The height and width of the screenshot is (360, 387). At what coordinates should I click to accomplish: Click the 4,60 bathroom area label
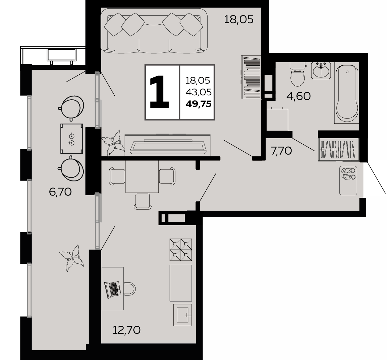click(298, 96)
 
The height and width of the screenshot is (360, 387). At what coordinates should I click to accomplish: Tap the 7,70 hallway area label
click(281, 151)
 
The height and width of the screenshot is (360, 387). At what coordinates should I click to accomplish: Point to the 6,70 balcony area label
click(61, 192)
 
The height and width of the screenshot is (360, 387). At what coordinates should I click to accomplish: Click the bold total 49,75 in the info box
click(199, 104)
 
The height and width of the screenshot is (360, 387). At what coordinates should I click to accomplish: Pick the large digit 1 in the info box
click(159, 92)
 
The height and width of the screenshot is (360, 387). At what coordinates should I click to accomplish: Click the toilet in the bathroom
click(297, 74)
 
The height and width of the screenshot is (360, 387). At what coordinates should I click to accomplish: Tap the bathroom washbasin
click(321, 70)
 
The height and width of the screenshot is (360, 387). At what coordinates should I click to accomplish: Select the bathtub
click(347, 93)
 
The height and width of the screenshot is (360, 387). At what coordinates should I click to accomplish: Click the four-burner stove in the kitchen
click(181, 250)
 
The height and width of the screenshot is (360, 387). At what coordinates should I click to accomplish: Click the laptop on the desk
click(112, 290)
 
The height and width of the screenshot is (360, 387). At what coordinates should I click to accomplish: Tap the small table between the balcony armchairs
click(72, 139)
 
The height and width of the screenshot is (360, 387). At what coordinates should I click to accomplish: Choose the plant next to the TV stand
click(113, 143)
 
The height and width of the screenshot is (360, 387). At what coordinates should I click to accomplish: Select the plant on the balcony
click(72, 258)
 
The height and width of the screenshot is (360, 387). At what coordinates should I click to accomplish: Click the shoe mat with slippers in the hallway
click(348, 180)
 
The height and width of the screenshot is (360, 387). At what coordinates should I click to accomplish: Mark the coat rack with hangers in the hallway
click(339, 150)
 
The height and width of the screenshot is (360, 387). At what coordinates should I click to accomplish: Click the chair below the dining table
click(143, 201)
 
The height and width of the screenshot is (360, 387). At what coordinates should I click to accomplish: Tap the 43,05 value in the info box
click(199, 92)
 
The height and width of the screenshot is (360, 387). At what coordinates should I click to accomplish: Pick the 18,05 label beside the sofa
click(239, 19)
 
